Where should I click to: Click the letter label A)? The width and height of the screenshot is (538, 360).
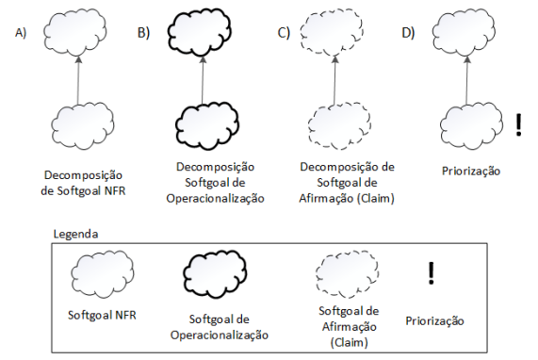21,33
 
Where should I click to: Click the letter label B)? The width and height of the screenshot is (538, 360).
144,33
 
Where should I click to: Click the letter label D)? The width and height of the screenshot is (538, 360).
408,33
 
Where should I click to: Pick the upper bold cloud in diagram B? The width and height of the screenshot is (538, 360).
207,35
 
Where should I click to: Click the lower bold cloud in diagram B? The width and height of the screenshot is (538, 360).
207,123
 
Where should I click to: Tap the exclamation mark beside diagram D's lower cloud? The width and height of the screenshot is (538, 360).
519,124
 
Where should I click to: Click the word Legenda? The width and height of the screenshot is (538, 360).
76,232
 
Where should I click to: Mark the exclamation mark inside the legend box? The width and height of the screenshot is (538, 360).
431,273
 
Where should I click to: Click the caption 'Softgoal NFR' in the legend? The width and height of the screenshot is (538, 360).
101,315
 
